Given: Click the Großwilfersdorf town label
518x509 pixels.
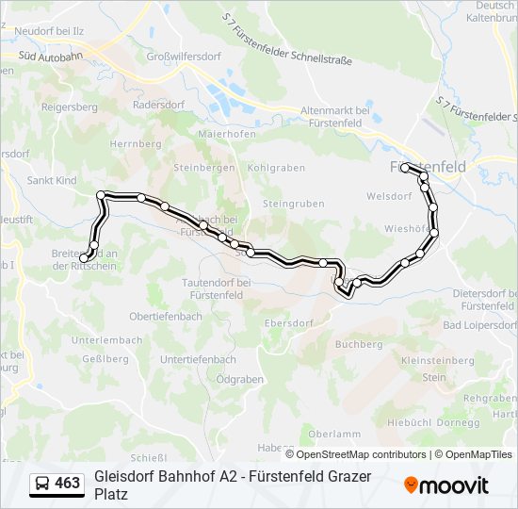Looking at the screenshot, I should click(184, 57).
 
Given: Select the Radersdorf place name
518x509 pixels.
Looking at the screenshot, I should click(159, 106).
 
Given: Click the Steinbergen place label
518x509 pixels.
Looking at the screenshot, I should click(202, 168).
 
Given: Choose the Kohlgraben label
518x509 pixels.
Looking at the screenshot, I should click(276, 168).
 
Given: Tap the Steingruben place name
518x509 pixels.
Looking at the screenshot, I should click(293, 204).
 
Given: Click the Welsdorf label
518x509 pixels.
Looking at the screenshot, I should click(394, 198).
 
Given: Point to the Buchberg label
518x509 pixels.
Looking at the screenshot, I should click(359, 345).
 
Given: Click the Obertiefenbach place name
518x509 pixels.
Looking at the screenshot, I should click(166, 317).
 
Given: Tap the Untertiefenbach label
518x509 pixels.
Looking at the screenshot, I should click(198, 360).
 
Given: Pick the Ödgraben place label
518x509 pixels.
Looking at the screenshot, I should click(239, 379).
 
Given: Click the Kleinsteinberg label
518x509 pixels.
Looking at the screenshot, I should click(436, 360).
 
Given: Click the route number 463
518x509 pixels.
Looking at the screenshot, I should click(68, 484).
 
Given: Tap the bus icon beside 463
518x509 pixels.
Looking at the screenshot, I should click(42, 484).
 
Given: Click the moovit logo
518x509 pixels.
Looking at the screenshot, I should click(446, 485).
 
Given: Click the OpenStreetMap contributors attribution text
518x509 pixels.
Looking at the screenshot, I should click(348, 454).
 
